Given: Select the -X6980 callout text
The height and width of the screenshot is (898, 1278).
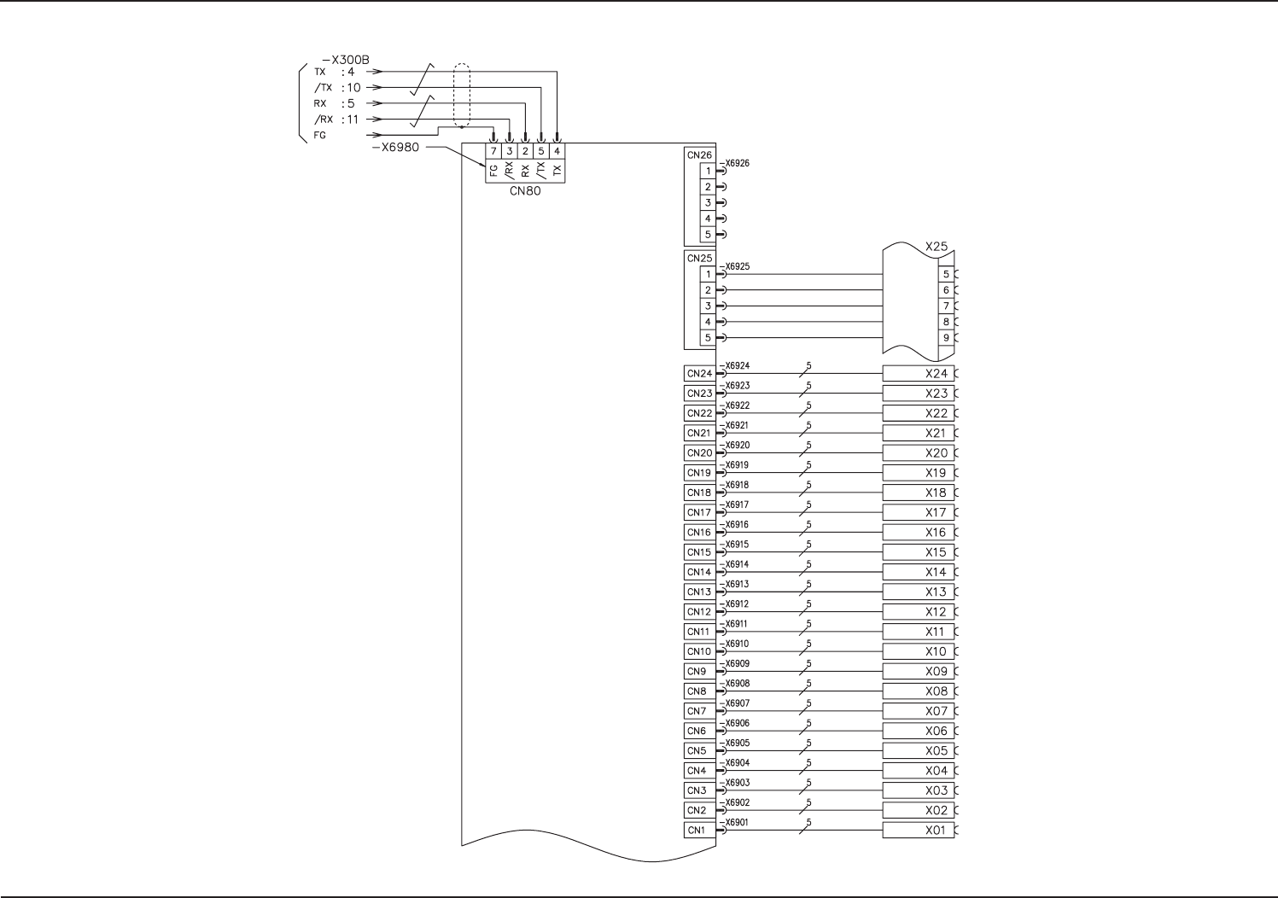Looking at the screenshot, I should tap(395, 147).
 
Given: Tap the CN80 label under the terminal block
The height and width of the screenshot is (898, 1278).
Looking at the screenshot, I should tap(525, 191).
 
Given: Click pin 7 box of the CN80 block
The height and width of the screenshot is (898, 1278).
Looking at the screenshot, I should tap(493, 152).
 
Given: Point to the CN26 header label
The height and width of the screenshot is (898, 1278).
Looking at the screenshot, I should tap(698, 155).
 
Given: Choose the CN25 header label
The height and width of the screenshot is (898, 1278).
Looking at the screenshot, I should tap(698, 259).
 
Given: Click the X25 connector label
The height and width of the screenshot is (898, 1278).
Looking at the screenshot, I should tap(937, 247).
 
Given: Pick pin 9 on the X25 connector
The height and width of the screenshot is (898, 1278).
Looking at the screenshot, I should tap(946, 338).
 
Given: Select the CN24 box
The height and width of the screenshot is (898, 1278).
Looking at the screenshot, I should tap(699, 374).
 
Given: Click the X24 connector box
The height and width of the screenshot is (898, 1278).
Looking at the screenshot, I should tap(919, 374).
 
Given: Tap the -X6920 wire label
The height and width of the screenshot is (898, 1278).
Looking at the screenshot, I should tap(735, 446).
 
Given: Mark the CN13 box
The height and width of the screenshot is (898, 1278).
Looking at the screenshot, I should tap(699, 592).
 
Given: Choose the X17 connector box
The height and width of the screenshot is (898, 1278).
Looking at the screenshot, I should tap(919, 513).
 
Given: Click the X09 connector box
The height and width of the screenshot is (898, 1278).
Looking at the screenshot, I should tap(919, 672).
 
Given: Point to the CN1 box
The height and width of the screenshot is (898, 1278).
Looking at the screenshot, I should tap(697, 831).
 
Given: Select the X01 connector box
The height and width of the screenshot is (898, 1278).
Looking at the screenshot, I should tap(919, 831).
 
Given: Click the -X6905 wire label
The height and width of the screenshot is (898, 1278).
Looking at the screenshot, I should tap(734, 743).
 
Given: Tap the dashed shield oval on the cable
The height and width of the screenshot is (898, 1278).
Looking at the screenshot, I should tap(461, 96).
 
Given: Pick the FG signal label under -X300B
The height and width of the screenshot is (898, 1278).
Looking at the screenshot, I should tap(320, 135).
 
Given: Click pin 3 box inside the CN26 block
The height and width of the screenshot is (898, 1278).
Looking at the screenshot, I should tap(708, 203).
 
